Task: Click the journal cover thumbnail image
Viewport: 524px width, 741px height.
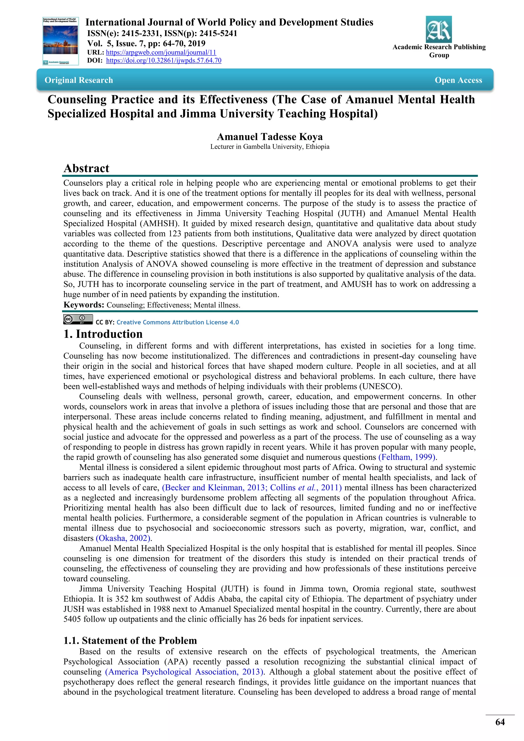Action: pyautogui.click(x=61, y=41)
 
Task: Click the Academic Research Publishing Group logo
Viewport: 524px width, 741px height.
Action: pyautogui.click(x=439, y=29)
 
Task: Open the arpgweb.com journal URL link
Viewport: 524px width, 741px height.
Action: pyautogui.click(x=161, y=52)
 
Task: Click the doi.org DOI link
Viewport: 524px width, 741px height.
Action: pyautogui.click(x=163, y=60)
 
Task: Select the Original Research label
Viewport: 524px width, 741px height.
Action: pyautogui.click(x=79, y=80)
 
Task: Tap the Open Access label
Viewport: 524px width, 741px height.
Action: pyautogui.click(x=458, y=80)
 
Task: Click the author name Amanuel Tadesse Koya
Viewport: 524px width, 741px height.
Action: pyautogui.click(x=270, y=137)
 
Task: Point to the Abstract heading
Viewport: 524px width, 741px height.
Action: pyautogui.click(x=86, y=168)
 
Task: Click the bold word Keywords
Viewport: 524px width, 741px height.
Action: pyautogui.click(x=84, y=305)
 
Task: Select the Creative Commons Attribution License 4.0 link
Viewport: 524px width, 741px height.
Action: pyautogui.click(x=178, y=322)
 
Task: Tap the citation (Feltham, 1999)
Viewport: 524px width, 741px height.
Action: pyautogui.click(x=407, y=457)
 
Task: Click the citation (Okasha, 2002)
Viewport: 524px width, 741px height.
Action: pyautogui.click(x=123, y=538)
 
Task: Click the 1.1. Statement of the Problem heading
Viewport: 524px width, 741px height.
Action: pyautogui.click(x=130, y=640)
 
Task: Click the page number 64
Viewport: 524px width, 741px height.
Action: pyautogui.click(x=500, y=722)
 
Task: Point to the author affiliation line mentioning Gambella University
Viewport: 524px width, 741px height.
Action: pyautogui.click(x=270, y=147)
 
